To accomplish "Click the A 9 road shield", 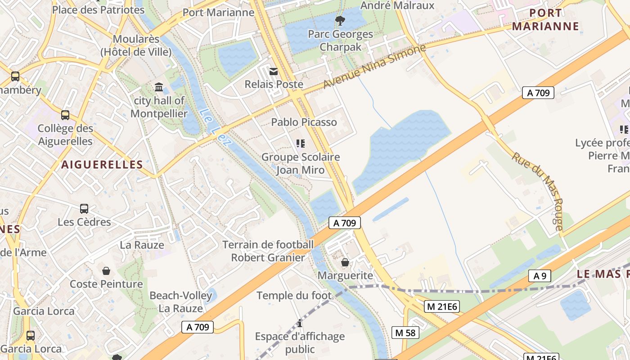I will pos(540,276).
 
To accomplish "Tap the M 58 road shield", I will pos(405,333).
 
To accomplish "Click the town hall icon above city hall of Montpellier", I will pos(159,87).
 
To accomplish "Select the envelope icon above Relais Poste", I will pos(273,72).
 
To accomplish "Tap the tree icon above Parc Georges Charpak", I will pos(340,20).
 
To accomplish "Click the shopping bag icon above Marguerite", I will pos(345,262).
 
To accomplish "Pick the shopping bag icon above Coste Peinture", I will pos(106,270).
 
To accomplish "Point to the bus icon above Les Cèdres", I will pos(84,208).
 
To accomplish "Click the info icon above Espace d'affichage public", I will pos(300,323).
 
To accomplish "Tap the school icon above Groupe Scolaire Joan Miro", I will pos(301,144).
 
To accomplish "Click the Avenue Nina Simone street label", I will pos(374,67).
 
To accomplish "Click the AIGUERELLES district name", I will pos(102,165).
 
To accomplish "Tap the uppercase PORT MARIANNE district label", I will pos(545,19).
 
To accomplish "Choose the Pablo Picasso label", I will pos(304,122).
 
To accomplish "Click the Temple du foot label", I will pos(294,296).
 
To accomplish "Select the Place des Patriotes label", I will pos(99,9).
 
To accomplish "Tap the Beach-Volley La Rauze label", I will pos(180,302).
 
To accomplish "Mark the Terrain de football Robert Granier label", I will pos(268,251).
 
